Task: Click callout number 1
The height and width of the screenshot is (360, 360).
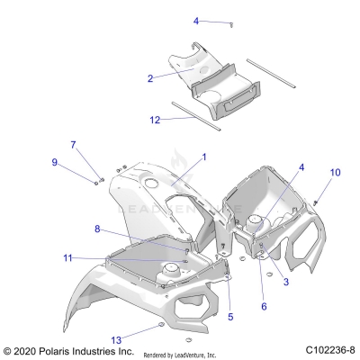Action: pos(203,157)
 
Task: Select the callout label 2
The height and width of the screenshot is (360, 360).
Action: pos(150,78)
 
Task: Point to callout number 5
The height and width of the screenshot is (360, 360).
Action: pos(229,316)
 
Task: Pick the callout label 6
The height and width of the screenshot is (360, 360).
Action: pos(264,306)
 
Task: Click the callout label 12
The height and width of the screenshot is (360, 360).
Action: pos(154,118)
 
